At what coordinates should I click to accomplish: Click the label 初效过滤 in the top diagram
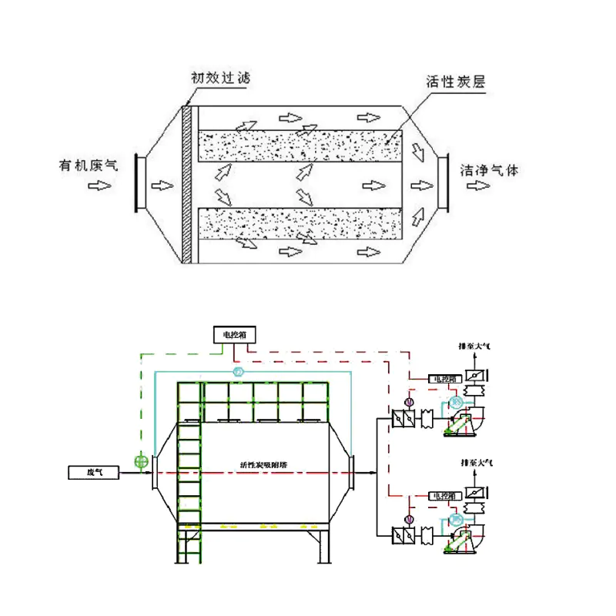coord(220,78)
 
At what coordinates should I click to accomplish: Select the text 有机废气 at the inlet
coord(89,166)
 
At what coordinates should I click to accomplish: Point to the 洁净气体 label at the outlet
coord(489,169)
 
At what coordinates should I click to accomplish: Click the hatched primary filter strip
coord(187,182)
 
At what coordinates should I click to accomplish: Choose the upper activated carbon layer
coord(300,146)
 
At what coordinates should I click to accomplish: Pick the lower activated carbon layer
coord(300,224)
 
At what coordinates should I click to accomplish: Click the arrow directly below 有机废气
coord(99,186)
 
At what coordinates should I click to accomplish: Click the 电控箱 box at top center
coord(236,334)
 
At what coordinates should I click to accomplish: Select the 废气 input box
coord(94,471)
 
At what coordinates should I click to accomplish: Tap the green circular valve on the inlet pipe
coord(140,462)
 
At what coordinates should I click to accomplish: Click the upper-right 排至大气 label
coord(474,347)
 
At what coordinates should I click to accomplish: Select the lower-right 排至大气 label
coord(474,462)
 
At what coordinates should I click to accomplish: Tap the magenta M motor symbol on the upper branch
coord(409,401)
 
